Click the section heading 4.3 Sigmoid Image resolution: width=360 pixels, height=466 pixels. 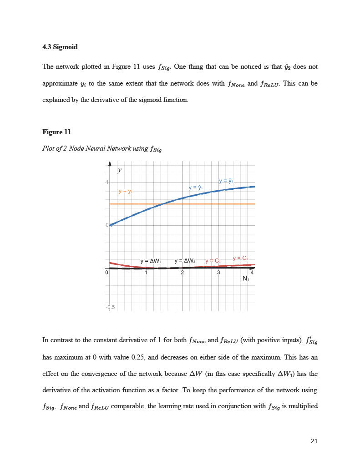click(x=60, y=47)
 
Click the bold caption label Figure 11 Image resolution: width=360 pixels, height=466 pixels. click(x=57, y=132)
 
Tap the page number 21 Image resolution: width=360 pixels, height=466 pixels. click(x=314, y=441)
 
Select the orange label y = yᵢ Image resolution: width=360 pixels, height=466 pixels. click(x=125, y=192)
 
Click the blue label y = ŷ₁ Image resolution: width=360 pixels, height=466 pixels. click(x=196, y=187)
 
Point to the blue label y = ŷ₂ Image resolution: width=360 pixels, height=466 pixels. click(x=226, y=181)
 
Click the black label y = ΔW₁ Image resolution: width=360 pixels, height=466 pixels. click(x=151, y=261)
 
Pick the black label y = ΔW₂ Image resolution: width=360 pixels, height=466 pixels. click(x=185, y=261)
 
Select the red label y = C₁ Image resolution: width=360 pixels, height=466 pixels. click(x=213, y=261)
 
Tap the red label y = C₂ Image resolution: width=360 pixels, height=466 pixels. click(x=240, y=258)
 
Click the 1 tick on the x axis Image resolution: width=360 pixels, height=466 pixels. click(x=146, y=273)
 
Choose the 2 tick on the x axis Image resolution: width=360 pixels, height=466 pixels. click(x=183, y=273)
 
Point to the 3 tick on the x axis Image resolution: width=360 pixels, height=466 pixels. click(x=219, y=273)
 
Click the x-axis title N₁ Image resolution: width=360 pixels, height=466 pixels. click(x=246, y=279)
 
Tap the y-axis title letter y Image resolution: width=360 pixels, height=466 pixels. click(x=120, y=170)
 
